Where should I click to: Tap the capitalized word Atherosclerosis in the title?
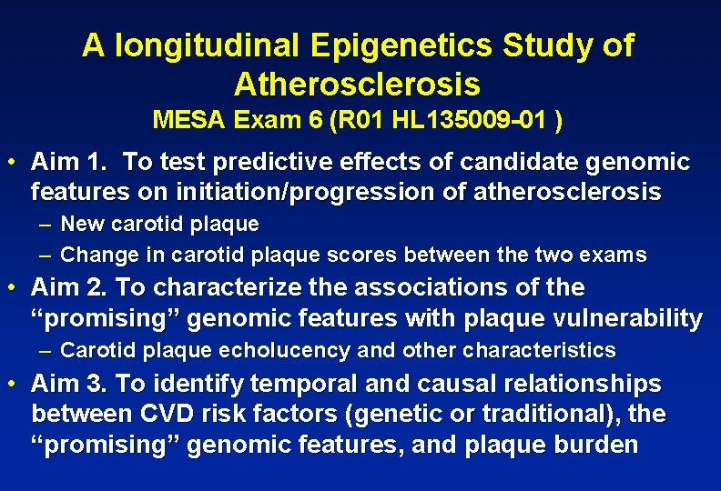(x=357, y=84)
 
